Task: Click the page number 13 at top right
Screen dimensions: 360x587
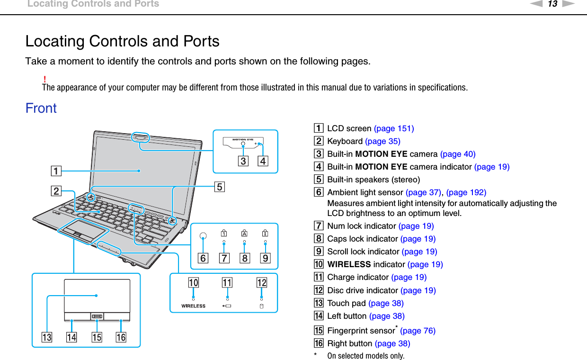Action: (x=552, y=4)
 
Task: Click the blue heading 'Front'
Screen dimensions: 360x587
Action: (x=41, y=108)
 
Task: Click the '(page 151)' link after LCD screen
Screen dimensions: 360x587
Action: (x=394, y=128)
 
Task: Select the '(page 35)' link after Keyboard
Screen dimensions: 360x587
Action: (x=382, y=141)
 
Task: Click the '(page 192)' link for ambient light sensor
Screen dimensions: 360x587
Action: (x=466, y=192)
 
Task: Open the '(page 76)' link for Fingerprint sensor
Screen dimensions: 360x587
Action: (x=418, y=331)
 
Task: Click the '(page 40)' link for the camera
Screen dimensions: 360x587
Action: (x=458, y=154)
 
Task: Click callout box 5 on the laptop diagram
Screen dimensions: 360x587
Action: (x=220, y=187)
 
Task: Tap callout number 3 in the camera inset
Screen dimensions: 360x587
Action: (x=243, y=162)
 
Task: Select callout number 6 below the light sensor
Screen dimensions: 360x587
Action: (x=203, y=258)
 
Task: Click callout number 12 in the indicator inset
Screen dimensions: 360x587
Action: (x=262, y=283)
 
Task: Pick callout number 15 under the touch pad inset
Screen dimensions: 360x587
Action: (x=97, y=337)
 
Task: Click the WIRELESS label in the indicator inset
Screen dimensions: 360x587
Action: (x=193, y=306)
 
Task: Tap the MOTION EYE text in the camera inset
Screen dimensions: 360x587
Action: (x=243, y=140)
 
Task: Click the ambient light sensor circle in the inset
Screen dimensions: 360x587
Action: (x=203, y=235)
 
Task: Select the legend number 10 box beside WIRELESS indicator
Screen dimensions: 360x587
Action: (x=320, y=264)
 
